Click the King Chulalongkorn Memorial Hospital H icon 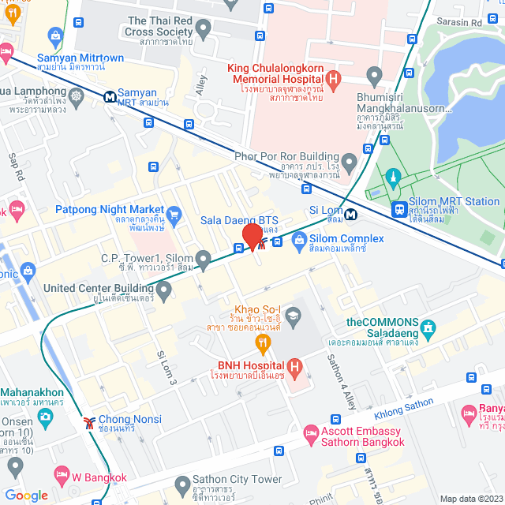[x=333, y=78]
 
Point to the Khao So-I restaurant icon [x=264, y=342]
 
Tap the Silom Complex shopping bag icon [x=298, y=245]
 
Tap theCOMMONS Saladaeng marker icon [x=428, y=326]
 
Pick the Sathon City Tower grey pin [x=181, y=483]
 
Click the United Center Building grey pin [x=164, y=292]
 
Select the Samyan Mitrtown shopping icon [x=54, y=36]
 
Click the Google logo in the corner [x=27, y=495]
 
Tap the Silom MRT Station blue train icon [x=400, y=209]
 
